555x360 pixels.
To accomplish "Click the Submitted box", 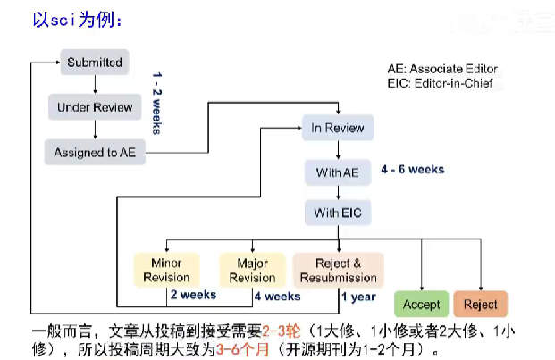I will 94,63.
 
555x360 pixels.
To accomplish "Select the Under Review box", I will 94,107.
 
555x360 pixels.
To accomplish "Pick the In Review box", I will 337,129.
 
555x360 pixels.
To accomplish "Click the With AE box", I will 337,172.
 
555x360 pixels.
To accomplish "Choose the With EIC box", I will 337,213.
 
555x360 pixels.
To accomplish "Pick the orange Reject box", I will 480,305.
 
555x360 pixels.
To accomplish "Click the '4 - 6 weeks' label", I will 412,169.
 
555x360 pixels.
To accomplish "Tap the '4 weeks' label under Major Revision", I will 277,296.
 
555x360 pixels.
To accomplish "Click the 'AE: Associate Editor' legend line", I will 441,69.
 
